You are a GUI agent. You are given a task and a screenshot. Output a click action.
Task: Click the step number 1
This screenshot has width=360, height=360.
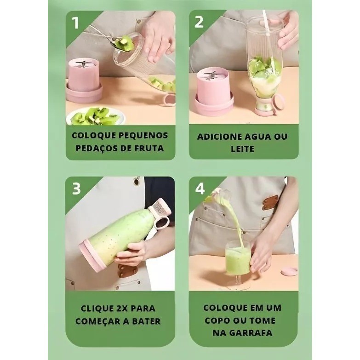(x=75, y=23)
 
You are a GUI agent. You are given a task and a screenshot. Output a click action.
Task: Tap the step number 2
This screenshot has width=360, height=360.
(x=199, y=22)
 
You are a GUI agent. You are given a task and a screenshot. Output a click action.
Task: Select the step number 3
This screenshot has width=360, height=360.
(x=76, y=189)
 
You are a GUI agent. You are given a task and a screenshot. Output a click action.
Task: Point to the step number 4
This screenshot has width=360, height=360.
(x=200, y=189)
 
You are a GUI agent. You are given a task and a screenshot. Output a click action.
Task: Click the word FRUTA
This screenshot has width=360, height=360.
(x=149, y=148)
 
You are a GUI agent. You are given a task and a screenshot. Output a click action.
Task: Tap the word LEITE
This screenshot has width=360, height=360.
(x=242, y=149)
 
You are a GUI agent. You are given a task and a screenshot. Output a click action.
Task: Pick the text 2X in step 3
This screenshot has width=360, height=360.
(x=122, y=309)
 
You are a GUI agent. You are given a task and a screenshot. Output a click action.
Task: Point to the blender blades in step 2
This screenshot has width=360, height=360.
(x=211, y=76)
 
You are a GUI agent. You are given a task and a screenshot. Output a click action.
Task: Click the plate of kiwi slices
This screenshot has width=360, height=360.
(x=96, y=117)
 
